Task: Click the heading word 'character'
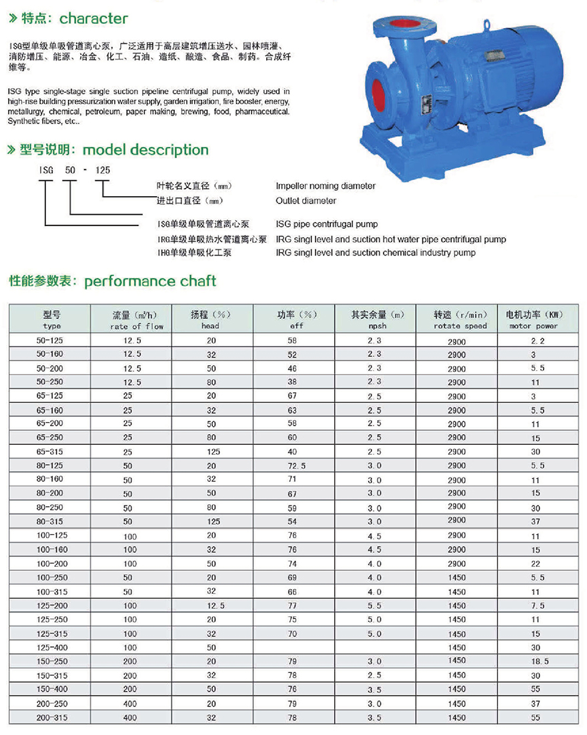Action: [94, 19]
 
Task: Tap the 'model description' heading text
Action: [145, 150]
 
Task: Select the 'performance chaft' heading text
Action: [150, 281]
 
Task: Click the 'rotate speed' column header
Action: [460, 326]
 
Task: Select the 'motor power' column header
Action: [534, 326]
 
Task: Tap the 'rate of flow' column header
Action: [137, 326]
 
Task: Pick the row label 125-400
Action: [51, 647]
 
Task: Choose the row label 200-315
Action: [51, 717]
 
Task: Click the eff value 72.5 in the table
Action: [297, 466]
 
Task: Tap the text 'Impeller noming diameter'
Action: [326, 186]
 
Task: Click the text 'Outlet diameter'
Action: [306, 200]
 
